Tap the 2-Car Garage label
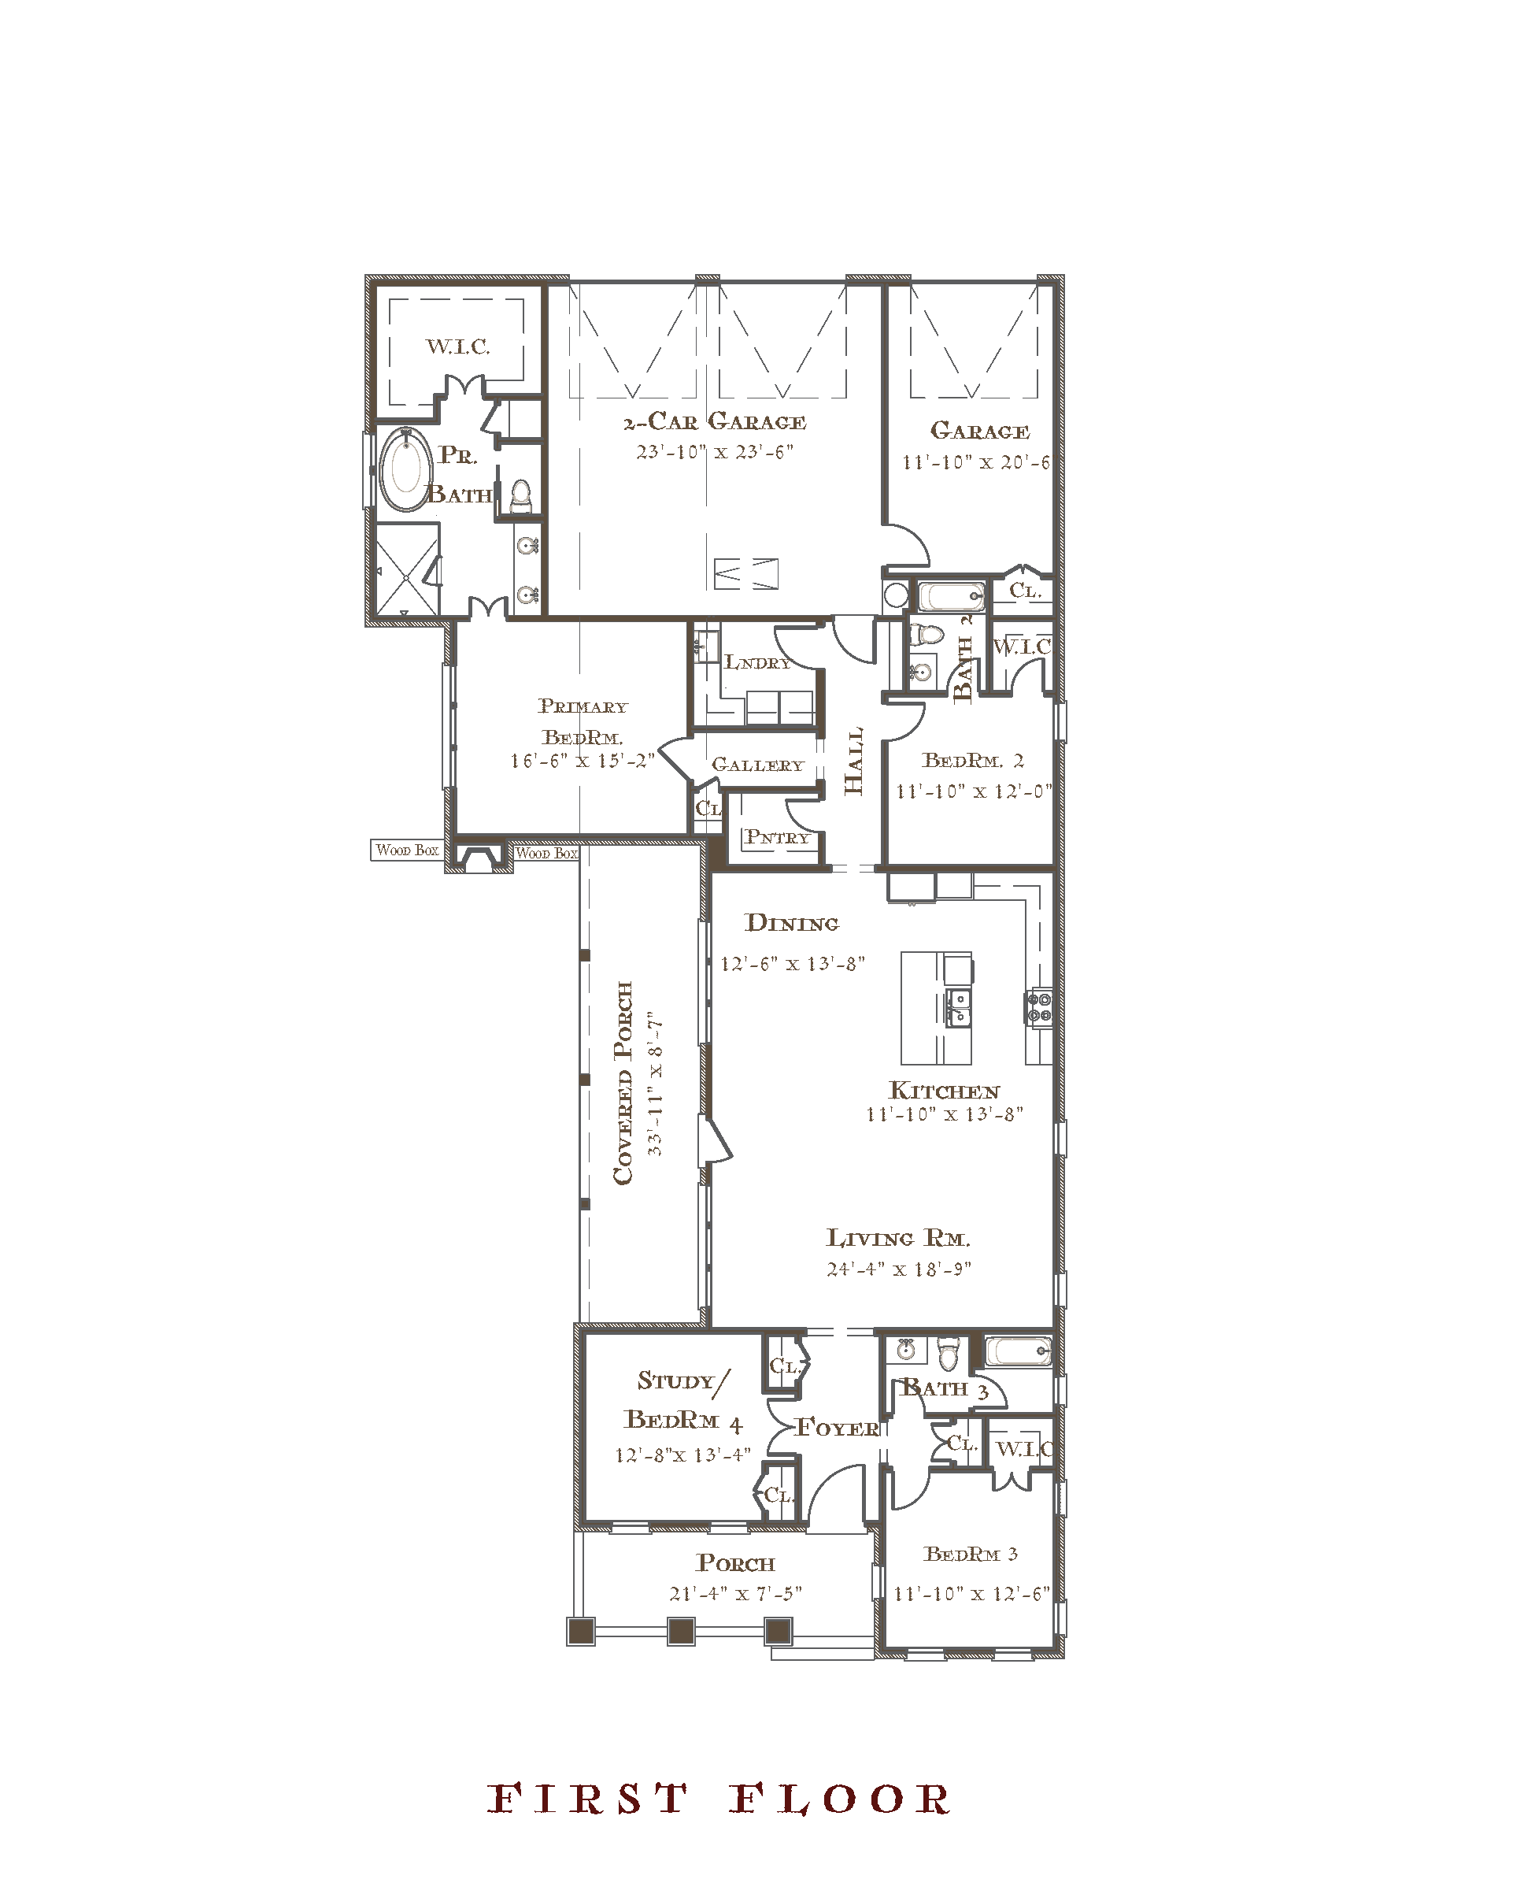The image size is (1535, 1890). pos(716,422)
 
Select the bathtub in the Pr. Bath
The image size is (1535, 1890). pos(406,470)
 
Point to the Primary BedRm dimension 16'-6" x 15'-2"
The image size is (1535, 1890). pos(582,761)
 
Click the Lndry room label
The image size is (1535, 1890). pos(758,661)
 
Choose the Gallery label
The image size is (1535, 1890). pos(758,764)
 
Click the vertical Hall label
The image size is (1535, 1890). pos(853,762)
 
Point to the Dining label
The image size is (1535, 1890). pos(792,923)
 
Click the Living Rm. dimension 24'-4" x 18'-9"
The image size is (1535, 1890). pos(898,1269)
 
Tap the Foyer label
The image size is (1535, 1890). pos(838,1428)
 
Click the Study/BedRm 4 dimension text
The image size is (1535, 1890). pos(682,1455)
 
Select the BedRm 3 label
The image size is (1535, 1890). pos(971,1554)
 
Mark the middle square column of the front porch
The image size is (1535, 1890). pos(680,1631)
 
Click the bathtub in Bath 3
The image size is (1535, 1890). pos(1019,1352)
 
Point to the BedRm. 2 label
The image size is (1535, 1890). pos(973,760)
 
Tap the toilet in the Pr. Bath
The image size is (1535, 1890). pos(521,496)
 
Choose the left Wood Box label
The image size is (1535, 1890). pos(407,850)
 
